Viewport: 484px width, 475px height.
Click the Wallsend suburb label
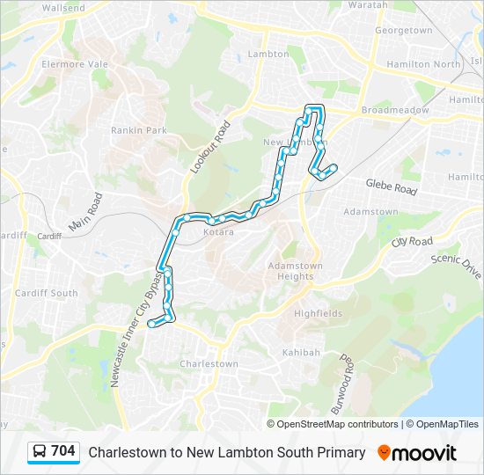pyautogui.click(x=63, y=8)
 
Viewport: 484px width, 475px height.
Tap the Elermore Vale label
pyautogui.click(x=74, y=64)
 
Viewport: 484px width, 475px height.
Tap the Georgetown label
pyautogui.click(x=403, y=30)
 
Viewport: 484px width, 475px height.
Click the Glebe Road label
pyautogui.click(x=392, y=186)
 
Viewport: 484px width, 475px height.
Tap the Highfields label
pyautogui.click(x=318, y=313)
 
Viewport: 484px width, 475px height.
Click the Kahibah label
pyautogui.click(x=301, y=353)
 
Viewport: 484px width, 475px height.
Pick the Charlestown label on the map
pyautogui.click(x=209, y=364)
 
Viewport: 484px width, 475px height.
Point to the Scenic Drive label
pyautogui.click(x=457, y=267)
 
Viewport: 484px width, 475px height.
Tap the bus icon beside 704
pyautogui.click(x=40, y=452)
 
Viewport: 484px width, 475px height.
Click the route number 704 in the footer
pyautogui.click(x=63, y=451)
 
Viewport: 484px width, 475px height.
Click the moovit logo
pyautogui.click(x=417, y=453)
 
